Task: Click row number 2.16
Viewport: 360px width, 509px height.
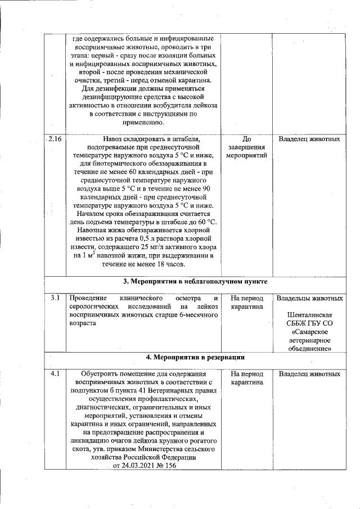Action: coord(55,138)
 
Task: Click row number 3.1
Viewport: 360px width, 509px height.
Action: coord(55,297)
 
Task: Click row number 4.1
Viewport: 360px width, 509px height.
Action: coord(55,373)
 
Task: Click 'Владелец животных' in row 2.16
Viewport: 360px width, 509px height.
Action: coord(309,138)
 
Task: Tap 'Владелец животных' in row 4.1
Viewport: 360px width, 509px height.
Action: coord(309,373)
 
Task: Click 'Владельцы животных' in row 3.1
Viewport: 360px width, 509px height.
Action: coord(309,298)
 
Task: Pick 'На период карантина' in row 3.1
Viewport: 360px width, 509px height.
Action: coord(247,302)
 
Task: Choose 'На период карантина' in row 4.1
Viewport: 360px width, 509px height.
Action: coord(247,378)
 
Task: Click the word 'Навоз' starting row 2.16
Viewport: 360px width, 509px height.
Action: coord(115,139)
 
